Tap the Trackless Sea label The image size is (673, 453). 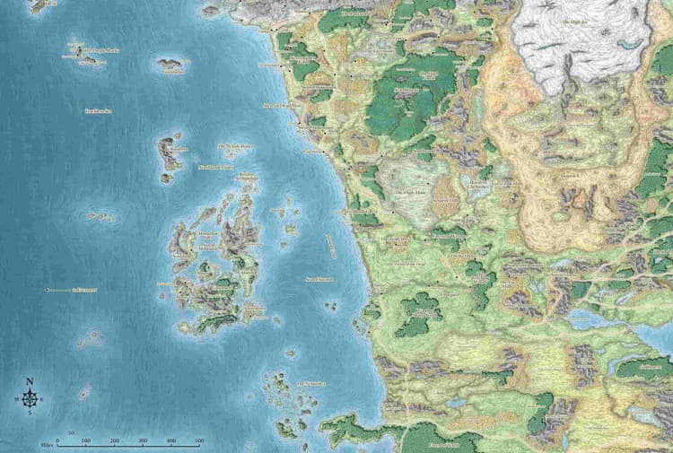pos(98,110)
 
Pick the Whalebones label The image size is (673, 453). pos(236,146)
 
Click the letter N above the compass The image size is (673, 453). pos(29,381)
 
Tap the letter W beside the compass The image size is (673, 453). pos(16,399)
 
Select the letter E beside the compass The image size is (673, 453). pos(41,399)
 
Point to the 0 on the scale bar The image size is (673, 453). pos(57,441)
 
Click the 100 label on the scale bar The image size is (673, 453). pos(86,441)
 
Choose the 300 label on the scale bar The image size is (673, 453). pos(143,441)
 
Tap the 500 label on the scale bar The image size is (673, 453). pos(199,441)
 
